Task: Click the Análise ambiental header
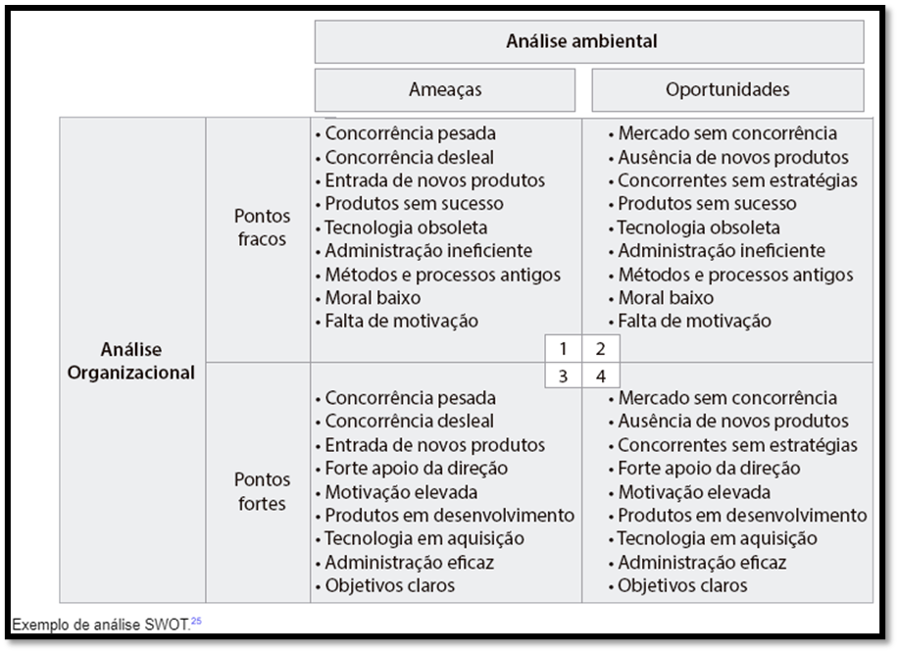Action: coord(581,41)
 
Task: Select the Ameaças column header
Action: coord(445,89)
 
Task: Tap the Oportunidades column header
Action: coord(727,89)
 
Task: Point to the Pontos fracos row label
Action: coord(262,227)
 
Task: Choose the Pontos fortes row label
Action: coord(262,492)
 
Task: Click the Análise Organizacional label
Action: coord(131,361)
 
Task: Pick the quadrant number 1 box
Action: coord(564,348)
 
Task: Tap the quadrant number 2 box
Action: coord(601,348)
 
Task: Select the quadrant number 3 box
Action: coord(564,376)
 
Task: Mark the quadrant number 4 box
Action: coord(601,376)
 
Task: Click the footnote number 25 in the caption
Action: coord(196,619)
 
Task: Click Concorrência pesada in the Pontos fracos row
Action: coord(411,133)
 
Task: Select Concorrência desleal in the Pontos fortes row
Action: coord(410,422)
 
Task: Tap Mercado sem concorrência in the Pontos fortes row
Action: coord(727,398)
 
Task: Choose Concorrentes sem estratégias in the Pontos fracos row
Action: coord(737,180)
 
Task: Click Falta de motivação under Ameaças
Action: coord(402,321)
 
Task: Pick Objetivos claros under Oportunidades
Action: coord(682,585)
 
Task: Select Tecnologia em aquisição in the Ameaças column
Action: coord(424,538)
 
